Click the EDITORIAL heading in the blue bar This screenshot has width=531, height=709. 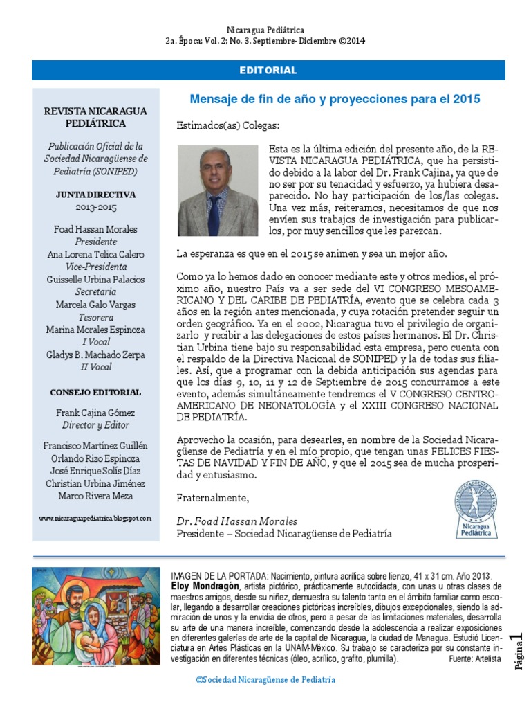point(268,71)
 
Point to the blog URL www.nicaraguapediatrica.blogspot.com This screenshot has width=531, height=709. point(95,518)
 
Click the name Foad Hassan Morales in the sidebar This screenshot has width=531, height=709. point(95,229)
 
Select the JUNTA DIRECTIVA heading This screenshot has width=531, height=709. point(95,195)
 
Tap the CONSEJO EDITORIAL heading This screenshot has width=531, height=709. point(95,392)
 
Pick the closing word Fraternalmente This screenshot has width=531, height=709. point(212,498)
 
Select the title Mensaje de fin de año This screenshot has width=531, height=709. point(335,99)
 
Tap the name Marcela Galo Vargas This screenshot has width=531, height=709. point(95,305)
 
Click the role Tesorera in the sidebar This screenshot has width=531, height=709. point(95,317)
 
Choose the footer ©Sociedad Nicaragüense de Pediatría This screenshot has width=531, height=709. point(265,679)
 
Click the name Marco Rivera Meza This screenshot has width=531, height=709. point(95,496)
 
